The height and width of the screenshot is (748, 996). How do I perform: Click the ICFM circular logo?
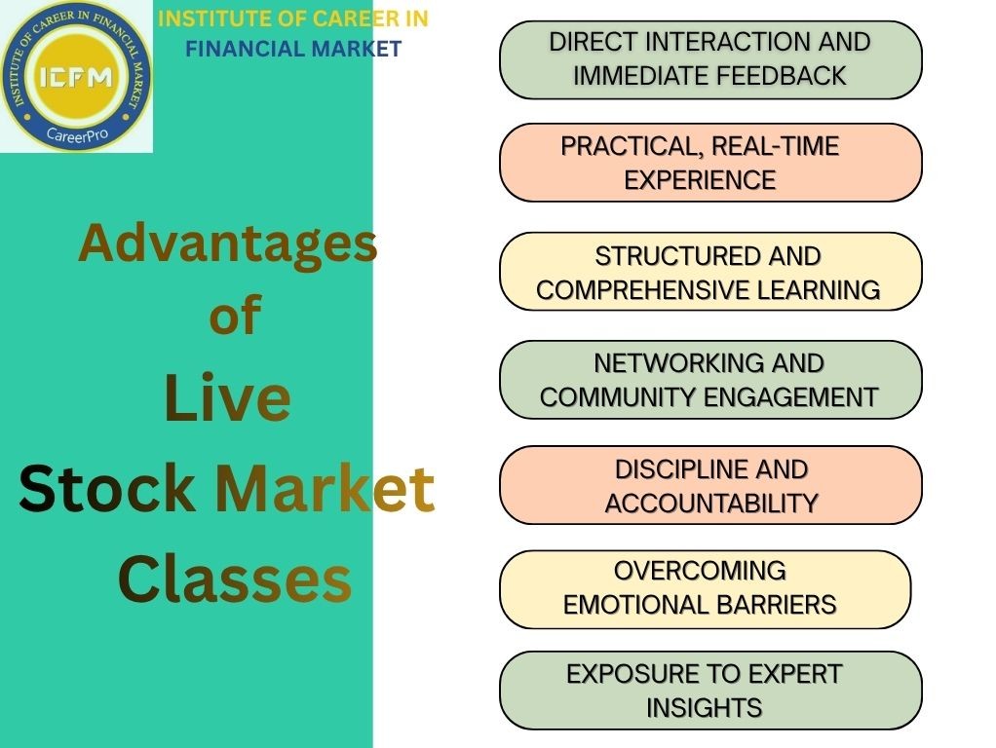point(76,76)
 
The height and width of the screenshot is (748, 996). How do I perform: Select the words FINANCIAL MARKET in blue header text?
point(293,49)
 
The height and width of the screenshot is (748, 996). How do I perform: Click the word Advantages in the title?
point(227,243)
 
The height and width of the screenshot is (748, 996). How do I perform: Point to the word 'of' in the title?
point(235,316)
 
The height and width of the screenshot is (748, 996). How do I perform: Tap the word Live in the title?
point(227,398)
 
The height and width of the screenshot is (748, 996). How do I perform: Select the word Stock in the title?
point(106,488)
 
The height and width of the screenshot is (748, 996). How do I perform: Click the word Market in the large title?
point(325,488)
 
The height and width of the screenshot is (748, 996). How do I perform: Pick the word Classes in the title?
point(234,579)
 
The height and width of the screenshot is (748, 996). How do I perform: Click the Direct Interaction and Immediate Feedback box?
point(710,59)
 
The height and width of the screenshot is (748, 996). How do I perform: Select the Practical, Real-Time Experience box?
point(710,163)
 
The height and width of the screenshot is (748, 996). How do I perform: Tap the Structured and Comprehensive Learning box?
point(710,272)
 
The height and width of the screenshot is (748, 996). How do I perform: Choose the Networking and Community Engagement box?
point(710,380)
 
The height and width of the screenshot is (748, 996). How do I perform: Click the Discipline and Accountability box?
point(710,485)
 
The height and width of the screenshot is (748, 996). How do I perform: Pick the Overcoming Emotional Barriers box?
point(705,589)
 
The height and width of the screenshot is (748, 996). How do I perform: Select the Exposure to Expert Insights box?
point(710,691)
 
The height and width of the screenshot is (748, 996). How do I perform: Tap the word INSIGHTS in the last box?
point(704,708)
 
